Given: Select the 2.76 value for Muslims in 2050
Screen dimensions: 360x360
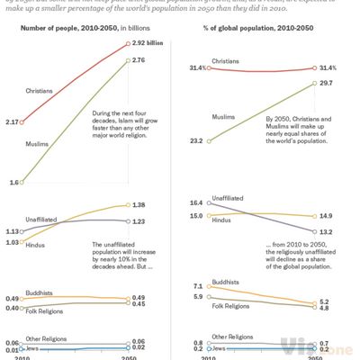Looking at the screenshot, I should [x=139, y=59].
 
